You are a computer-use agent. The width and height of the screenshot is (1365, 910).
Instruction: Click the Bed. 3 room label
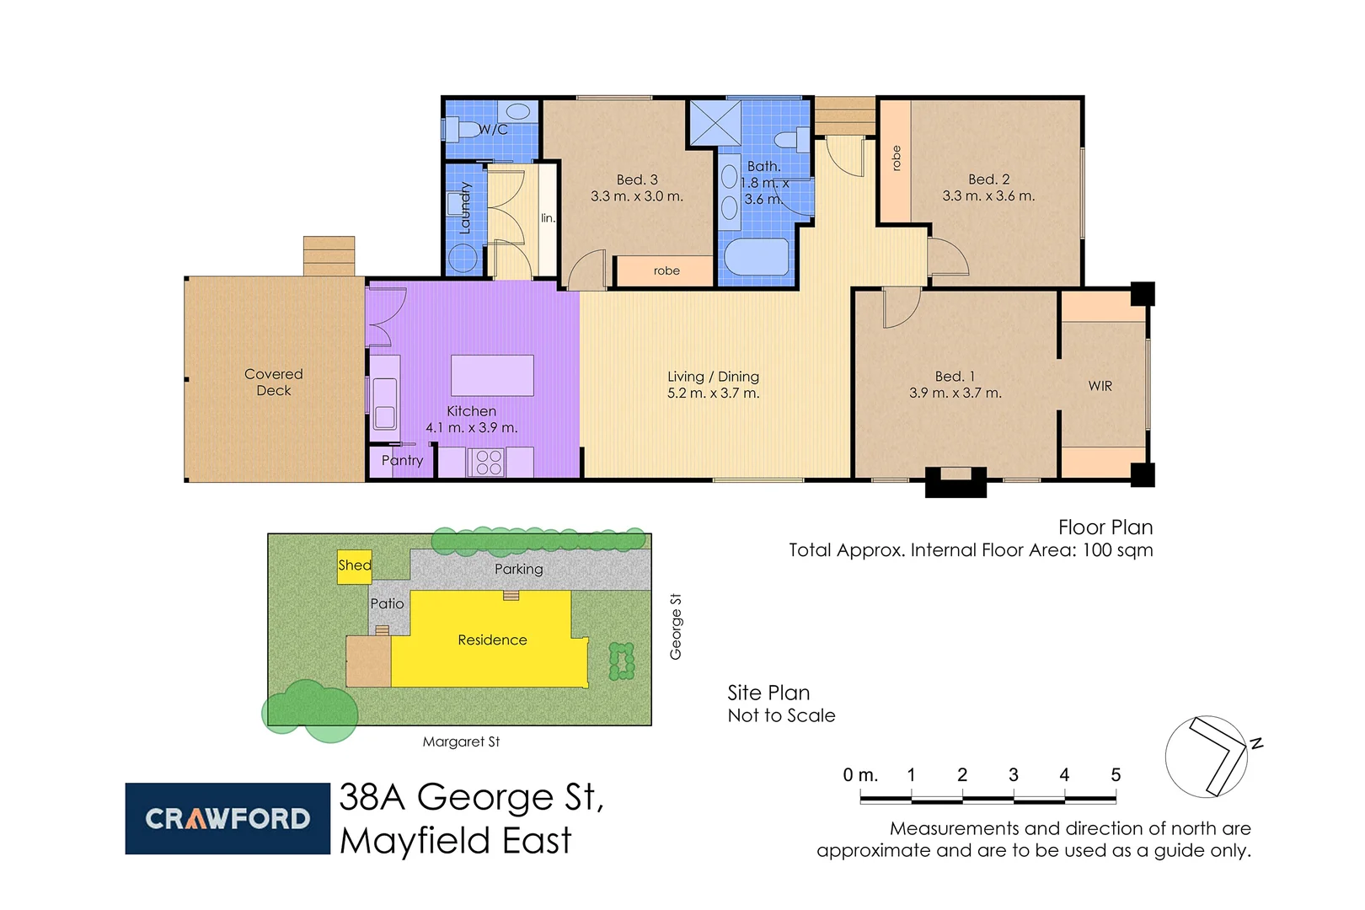(x=636, y=179)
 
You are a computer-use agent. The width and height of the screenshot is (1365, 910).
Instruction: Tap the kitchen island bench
(x=492, y=375)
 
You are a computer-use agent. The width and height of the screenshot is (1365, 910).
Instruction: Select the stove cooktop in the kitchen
(x=489, y=463)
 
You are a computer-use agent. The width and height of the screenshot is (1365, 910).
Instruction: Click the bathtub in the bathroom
(x=757, y=257)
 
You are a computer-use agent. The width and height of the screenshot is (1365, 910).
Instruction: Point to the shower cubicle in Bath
(x=715, y=123)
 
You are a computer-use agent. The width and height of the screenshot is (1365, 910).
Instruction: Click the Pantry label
(x=402, y=461)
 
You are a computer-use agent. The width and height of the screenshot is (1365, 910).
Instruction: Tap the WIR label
(x=1100, y=386)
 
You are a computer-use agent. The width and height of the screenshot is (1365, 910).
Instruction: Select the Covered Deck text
(x=274, y=383)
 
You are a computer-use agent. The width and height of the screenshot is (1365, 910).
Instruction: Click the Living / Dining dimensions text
(x=713, y=393)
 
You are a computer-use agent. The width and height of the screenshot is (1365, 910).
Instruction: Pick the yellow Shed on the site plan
(x=354, y=565)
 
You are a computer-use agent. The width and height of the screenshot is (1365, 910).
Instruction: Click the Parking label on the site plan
(x=518, y=570)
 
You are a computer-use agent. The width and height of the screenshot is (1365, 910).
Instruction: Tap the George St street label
(x=676, y=626)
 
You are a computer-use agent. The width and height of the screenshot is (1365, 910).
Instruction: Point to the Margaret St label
(x=461, y=742)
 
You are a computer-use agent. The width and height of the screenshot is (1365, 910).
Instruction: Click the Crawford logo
(x=227, y=818)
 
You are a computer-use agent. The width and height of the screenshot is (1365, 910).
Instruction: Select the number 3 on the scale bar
(x=1013, y=775)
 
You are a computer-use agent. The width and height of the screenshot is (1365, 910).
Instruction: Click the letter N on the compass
(x=1255, y=743)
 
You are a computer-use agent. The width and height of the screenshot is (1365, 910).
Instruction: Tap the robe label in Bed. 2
(x=896, y=158)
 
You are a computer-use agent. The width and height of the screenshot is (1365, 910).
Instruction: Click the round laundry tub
(x=463, y=257)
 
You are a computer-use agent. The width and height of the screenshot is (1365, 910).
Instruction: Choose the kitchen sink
(x=385, y=404)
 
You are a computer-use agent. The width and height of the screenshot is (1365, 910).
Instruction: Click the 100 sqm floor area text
(x=1117, y=550)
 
